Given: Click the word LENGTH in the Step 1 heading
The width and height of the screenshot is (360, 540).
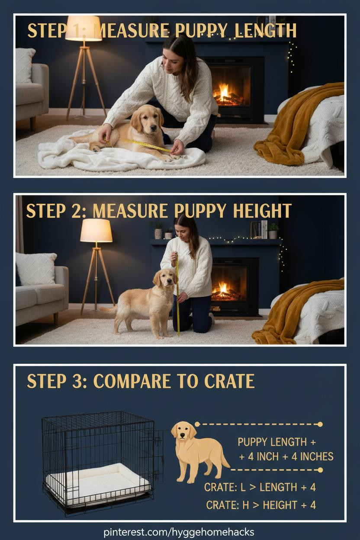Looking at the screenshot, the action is (x=265, y=31).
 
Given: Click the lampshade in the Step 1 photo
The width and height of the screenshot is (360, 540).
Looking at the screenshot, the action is (x=84, y=28).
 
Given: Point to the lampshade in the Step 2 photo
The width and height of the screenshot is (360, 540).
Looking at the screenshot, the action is (x=96, y=231).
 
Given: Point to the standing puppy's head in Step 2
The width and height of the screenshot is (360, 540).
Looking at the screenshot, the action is (x=165, y=279).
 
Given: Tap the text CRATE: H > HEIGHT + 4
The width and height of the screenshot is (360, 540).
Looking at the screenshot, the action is (x=261, y=505).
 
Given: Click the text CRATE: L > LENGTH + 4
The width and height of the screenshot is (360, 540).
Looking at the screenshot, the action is (x=260, y=487).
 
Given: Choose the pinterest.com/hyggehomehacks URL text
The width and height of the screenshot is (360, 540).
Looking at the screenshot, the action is (x=179, y=531).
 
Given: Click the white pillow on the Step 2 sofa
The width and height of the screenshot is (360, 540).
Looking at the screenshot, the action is (x=36, y=269).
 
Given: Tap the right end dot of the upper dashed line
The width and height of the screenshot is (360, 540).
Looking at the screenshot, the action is (x=320, y=424).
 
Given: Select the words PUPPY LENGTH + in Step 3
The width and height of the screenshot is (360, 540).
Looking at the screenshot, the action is (x=277, y=442).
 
